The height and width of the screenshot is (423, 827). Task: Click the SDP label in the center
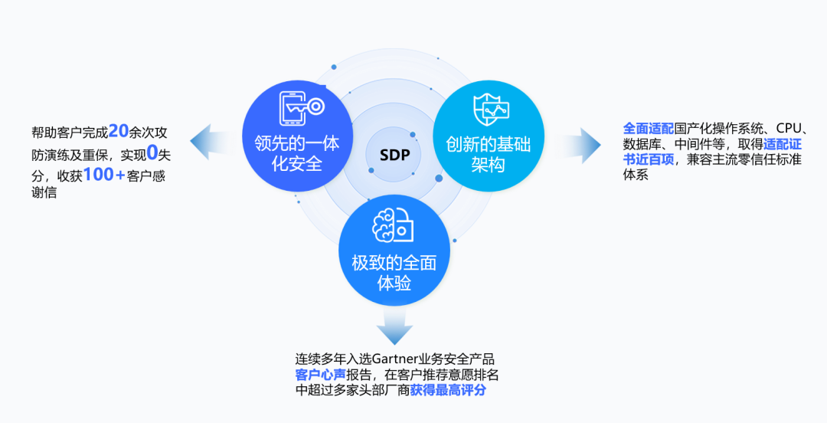(x=394, y=156)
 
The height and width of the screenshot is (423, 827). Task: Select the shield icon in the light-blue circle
(x=489, y=110)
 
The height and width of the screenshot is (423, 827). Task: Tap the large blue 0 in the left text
(x=152, y=152)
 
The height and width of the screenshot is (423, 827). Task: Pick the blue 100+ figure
(x=104, y=174)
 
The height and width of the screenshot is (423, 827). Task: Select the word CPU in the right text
(x=789, y=126)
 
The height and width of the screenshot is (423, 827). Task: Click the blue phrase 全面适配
(x=649, y=127)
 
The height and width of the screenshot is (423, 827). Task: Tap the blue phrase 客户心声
(x=320, y=375)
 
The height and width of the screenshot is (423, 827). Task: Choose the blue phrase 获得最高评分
(x=448, y=390)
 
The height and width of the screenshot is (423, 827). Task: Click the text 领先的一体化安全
(x=297, y=152)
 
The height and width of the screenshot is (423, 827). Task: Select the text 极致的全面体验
(x=394, y=273)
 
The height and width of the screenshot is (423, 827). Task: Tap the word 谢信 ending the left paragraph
(x=44, y=193)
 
